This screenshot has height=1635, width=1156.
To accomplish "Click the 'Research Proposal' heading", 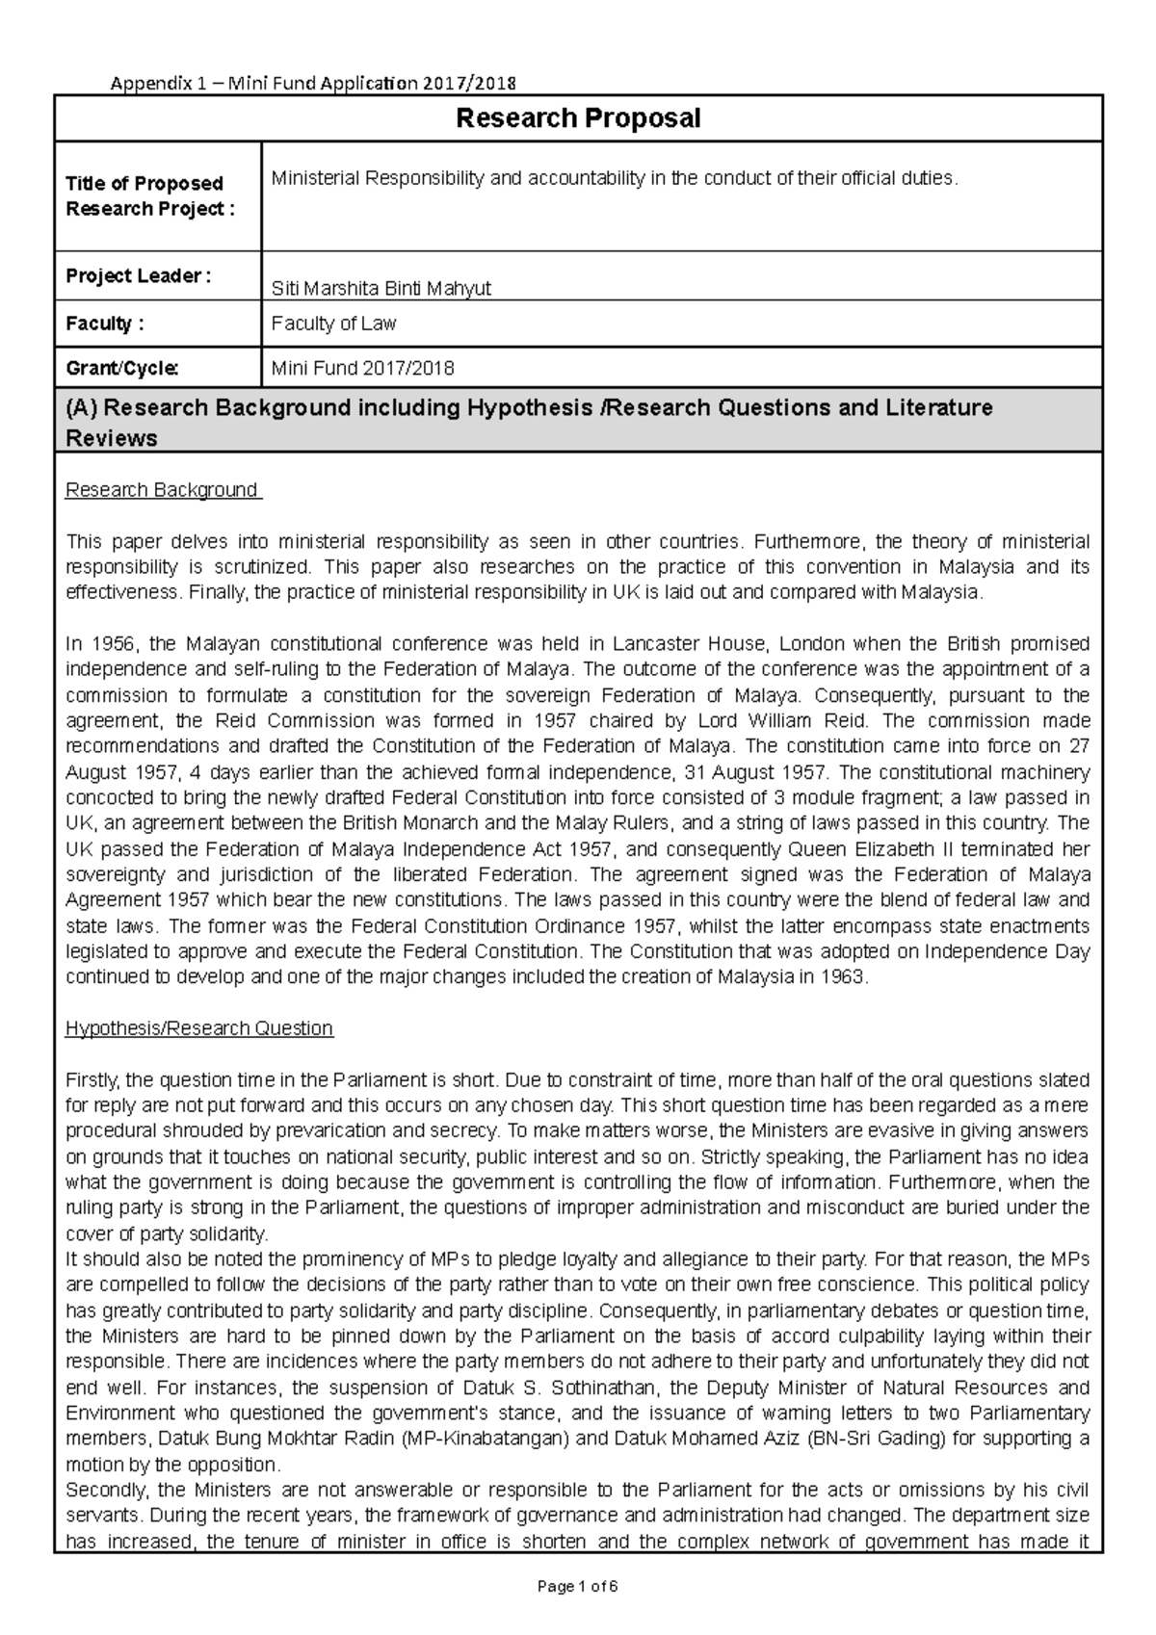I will pyautogui.click(x=578, y=118).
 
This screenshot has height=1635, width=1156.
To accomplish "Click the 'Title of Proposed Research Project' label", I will pyautogui.click(x=144, y=196).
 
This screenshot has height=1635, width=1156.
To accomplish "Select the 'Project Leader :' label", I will pyautogui.click(x=138, y=276).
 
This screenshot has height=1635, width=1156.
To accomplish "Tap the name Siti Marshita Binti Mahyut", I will pyautogui.click(x=381, y=288).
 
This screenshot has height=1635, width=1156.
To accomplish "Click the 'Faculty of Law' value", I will pyautogui.click(x=333, y=324).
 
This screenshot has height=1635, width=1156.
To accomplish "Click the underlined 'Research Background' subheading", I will pyautogui.click(x=162, y=490).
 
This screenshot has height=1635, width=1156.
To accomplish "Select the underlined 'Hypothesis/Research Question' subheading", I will pyautogui.click(x=198, y=1028).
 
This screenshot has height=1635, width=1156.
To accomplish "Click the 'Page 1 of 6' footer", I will pyautogui.click(x=578, y=1587).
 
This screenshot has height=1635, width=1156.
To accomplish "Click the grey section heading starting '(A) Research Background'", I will pyautogui.click(x=528, y=422).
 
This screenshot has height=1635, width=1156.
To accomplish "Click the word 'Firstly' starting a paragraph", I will pyautogui.click(x=92, y=1079).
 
